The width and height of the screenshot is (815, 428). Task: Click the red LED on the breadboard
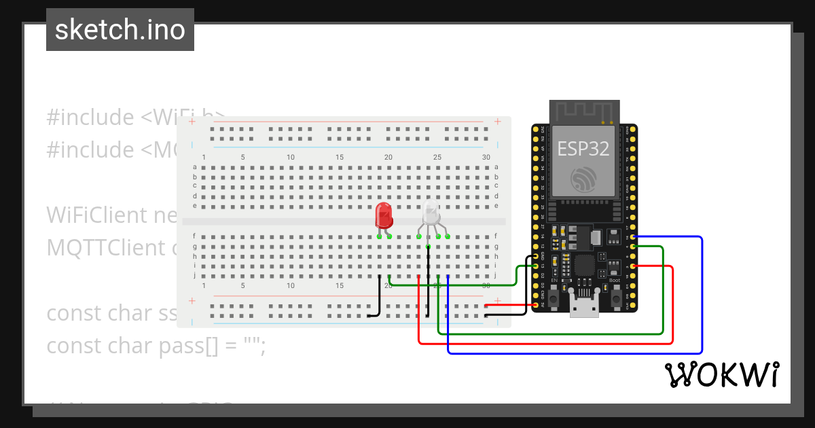tap(384, 215)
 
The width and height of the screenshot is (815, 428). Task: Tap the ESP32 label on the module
tap(583, 148)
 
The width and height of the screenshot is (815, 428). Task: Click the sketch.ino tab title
tap(120, 30)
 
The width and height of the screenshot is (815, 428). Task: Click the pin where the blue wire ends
tap(633, 237)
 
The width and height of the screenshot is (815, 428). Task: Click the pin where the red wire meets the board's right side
tap(633, 266)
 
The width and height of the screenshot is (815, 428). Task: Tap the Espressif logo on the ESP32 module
tap(583, 179)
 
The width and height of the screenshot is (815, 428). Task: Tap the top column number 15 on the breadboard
tap(340, 158)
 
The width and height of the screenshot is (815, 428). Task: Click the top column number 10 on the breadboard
tap(291, 158)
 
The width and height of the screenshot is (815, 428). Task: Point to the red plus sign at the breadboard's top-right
tap(498, 122)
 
